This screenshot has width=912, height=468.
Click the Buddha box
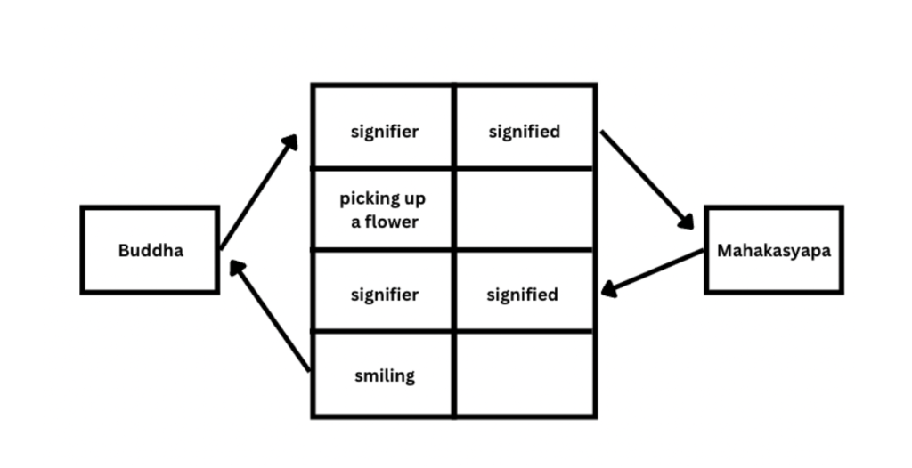150,250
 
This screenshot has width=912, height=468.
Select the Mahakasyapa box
773,250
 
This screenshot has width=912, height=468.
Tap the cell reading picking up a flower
383,210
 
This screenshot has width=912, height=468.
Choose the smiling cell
383,375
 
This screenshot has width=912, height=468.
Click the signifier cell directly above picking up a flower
383,132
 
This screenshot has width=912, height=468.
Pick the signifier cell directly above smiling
383,295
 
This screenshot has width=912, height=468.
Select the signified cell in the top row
525,132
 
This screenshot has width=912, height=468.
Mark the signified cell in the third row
525,295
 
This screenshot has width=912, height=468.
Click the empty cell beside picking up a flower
525,210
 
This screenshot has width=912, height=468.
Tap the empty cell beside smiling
525,375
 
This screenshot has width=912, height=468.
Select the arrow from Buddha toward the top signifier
258,192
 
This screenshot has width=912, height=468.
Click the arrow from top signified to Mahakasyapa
647,180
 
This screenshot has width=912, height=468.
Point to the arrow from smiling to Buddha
269,315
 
